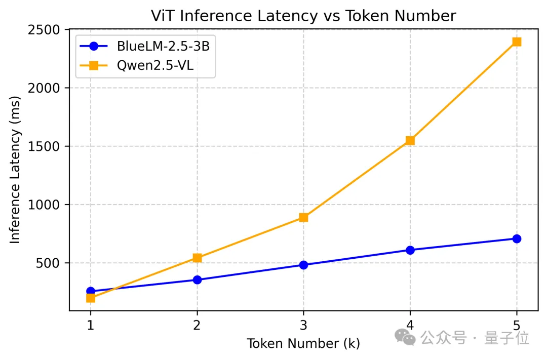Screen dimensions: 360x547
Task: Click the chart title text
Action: pos(303,16)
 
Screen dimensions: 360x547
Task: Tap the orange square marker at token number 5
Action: pos(516,42)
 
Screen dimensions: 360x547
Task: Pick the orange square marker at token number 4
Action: pos(410,140)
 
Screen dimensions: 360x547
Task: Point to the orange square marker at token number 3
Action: pos(303,217)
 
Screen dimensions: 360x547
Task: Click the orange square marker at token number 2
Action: pos(197,258)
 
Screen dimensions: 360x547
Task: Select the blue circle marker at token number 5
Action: pos(516,238)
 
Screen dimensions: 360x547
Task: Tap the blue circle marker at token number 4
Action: pos(410,250)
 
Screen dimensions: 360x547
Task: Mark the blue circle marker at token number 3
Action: pos(303,265)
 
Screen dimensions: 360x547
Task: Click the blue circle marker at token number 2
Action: pos(197,279)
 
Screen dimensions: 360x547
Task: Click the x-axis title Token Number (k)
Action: pos(303,343)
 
